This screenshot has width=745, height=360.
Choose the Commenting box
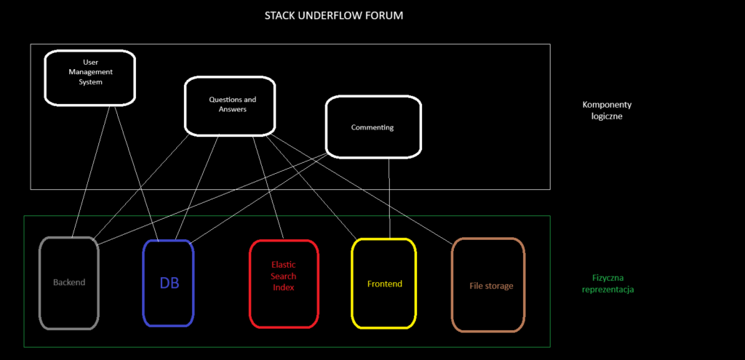pos(372,127)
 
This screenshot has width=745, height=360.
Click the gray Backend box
pos(69,282)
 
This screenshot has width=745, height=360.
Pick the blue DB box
pos(169,283)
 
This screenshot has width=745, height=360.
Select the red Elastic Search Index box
pos(283,283)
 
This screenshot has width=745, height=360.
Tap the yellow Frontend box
pos(384,283)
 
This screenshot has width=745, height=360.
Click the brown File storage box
pos(488,285)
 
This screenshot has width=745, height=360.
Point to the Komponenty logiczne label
pos(606,110)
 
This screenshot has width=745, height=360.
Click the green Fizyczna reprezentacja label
pos(607,284)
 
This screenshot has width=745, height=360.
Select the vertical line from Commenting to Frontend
pos(389,196)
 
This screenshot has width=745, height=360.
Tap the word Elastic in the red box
pos(283,265)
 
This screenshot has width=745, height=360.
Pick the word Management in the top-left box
pos(91,72)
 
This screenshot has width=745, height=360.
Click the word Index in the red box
pos(283,288)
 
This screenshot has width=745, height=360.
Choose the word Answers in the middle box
pos(232,110)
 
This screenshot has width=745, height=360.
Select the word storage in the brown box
pos(499,286)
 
